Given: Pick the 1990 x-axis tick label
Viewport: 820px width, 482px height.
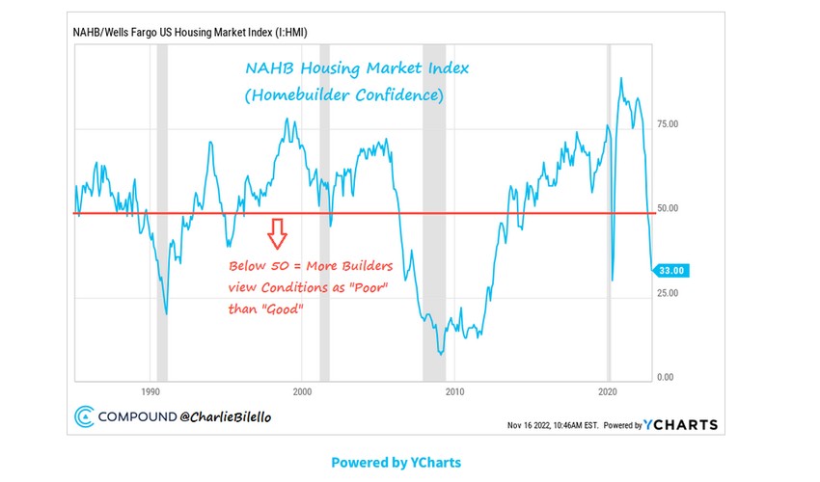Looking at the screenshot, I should [x=150, y=392].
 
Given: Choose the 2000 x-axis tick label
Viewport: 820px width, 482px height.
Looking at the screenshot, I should [x=302, y=392].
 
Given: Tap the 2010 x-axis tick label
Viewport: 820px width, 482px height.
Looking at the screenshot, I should [x=454, y=392].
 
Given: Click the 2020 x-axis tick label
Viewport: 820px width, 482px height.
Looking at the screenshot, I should [x=608, y=392].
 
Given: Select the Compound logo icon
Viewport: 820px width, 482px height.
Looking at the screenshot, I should [x=84, y=417].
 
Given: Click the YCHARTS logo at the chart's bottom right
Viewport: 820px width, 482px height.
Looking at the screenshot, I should [x=681, y=424].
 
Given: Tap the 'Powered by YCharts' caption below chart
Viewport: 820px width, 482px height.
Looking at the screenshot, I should [x=396, y=463].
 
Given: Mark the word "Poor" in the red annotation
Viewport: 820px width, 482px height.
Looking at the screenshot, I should [x=369, y=288].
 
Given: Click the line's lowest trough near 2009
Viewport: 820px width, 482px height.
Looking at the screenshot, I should [x=441, y=354].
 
